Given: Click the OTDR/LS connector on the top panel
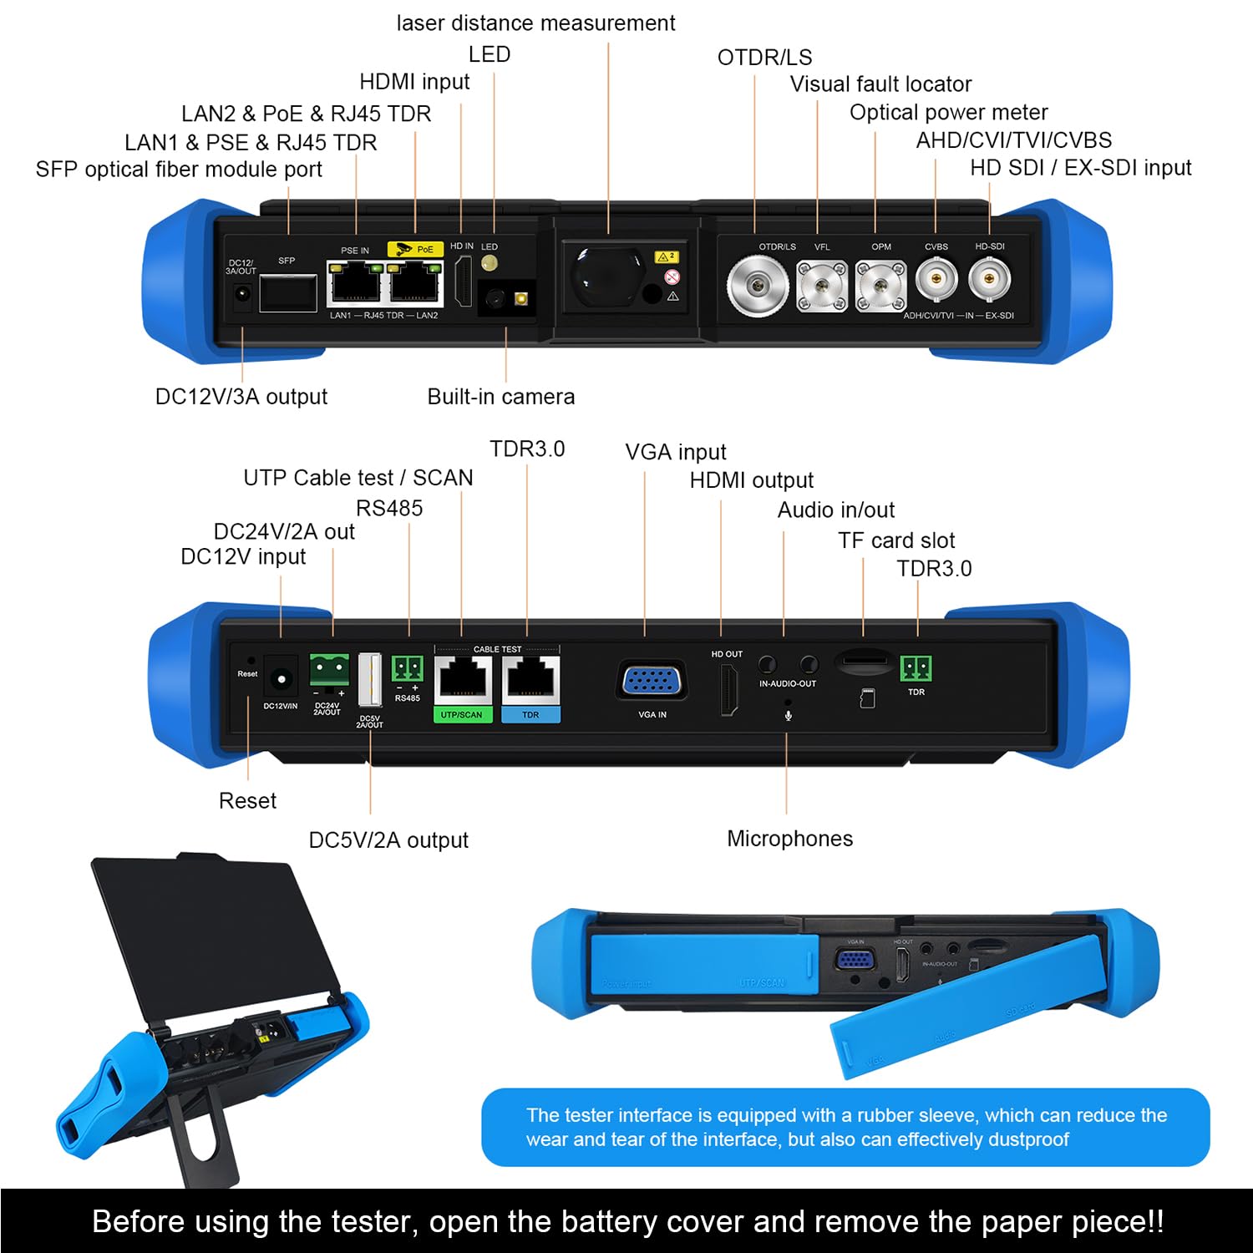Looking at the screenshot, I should [x=757, y=286].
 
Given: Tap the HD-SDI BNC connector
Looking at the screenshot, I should [x=990, y=279].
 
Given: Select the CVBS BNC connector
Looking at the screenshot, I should [x=936, y=279].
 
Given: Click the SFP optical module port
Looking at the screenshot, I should [x=288, y=292].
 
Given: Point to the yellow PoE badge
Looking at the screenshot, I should [x=415, y=249].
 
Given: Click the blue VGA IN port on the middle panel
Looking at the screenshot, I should [x=652, y=681].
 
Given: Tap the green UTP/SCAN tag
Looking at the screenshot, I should [x=462, y=715].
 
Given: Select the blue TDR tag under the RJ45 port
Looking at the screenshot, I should [x=530, y=715].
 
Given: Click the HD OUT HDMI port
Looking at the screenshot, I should [x=729, y=690].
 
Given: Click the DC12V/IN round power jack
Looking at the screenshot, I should [x=281, y=680].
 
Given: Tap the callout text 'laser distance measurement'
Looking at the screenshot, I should [x=535, y=23].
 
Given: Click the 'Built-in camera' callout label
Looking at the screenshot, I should [x=500, y=397].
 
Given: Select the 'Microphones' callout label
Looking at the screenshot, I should [x=789, y=839].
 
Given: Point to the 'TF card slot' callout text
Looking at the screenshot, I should [x=896, y=540].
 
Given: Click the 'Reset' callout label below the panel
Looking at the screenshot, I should [x=247, y=801].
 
